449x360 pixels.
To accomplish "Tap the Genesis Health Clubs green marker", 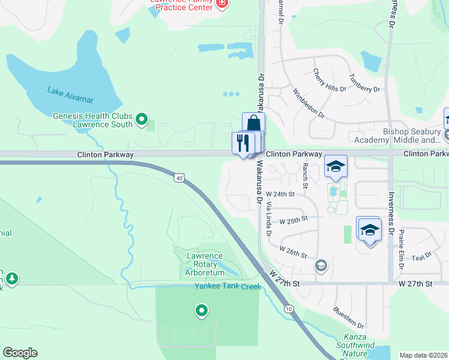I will (142, 120).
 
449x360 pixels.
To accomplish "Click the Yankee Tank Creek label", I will (228, 286).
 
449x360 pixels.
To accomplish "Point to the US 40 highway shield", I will (179, 178).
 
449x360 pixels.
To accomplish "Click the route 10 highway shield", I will (289, 309).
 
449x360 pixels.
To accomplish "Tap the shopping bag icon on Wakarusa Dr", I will (253, 124).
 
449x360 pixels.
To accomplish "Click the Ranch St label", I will (305, 175).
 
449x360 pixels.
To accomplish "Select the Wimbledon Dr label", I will (308, 103).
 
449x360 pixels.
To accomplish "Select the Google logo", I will (20, 353).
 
